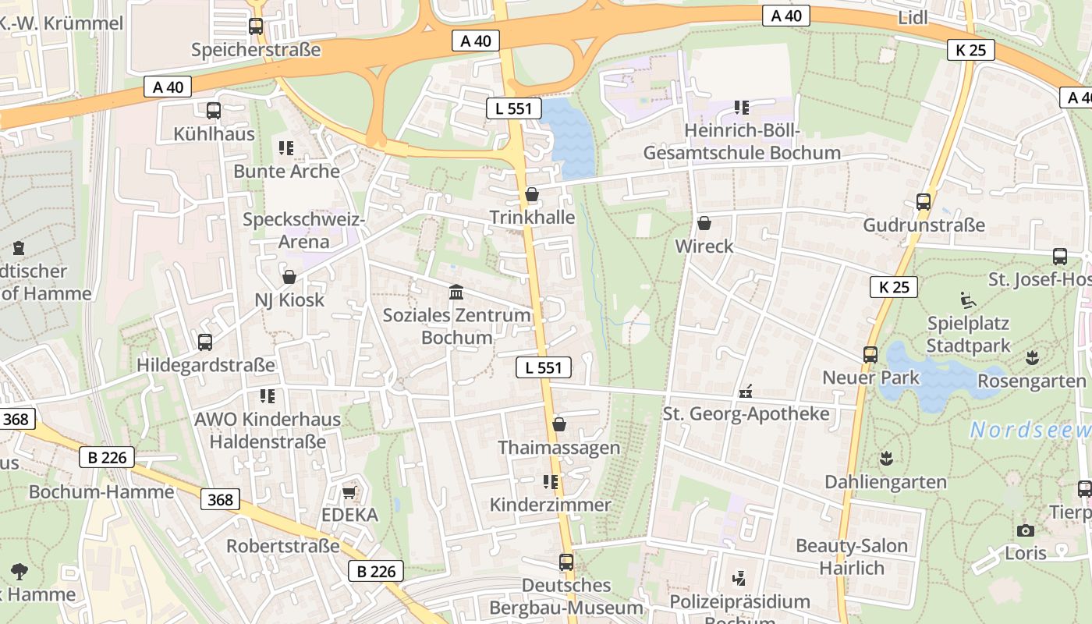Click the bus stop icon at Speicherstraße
coord(255,27)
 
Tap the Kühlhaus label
coord(214,134)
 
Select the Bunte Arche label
coord(286,172)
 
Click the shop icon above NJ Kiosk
coord(289,277)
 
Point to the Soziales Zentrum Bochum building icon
coord(456,292)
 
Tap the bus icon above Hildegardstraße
coord(205,342)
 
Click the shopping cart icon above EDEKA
coord(349,492)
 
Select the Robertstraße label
coord(282,546)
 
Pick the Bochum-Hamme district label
coord(101,492)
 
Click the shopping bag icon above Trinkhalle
coord(532,194)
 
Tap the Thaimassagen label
coord(558,448)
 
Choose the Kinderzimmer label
coord(550,505)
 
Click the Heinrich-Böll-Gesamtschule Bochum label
coord(741,142)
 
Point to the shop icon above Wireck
coord(704,224)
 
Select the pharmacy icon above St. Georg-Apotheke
coord(746,391)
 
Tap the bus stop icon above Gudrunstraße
coord(924,202)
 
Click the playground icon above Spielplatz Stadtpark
coord(967,300)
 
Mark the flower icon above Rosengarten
coord(1032,358)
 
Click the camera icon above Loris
coord(1026,530)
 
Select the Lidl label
coord(913,18)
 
